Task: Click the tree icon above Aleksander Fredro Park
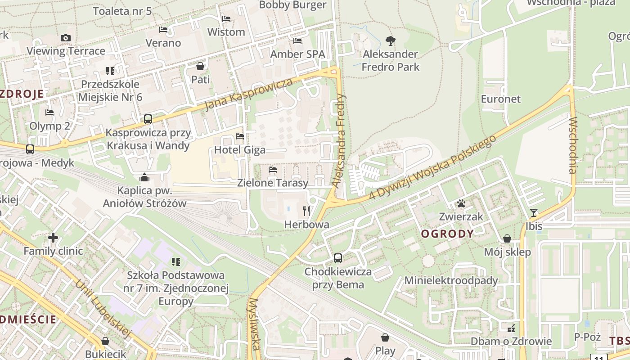[x=391, y=41]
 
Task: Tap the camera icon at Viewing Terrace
[x=66, y=38]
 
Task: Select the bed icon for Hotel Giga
[x=240, y=136]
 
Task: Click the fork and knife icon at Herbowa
[x=306, y=210]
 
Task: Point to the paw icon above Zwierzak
[x=461, y=203]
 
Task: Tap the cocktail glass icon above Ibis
[x=534, y=212]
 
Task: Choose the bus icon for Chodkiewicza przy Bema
[x=338, y=258]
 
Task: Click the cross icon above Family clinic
[x=53, y=237]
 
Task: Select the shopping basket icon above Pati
[x=200, y=66]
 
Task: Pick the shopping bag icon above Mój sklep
[x=507, y=238]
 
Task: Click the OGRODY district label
[x=447, y=234]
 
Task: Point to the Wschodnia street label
[x=573, y=145]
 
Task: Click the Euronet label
[x=500, y=99]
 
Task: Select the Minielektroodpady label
[x=451, y=280]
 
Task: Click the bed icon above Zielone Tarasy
[x=272, y=170]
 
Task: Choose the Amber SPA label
[x=297, y=54]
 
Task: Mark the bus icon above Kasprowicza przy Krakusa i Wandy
[x=148, y=119]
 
